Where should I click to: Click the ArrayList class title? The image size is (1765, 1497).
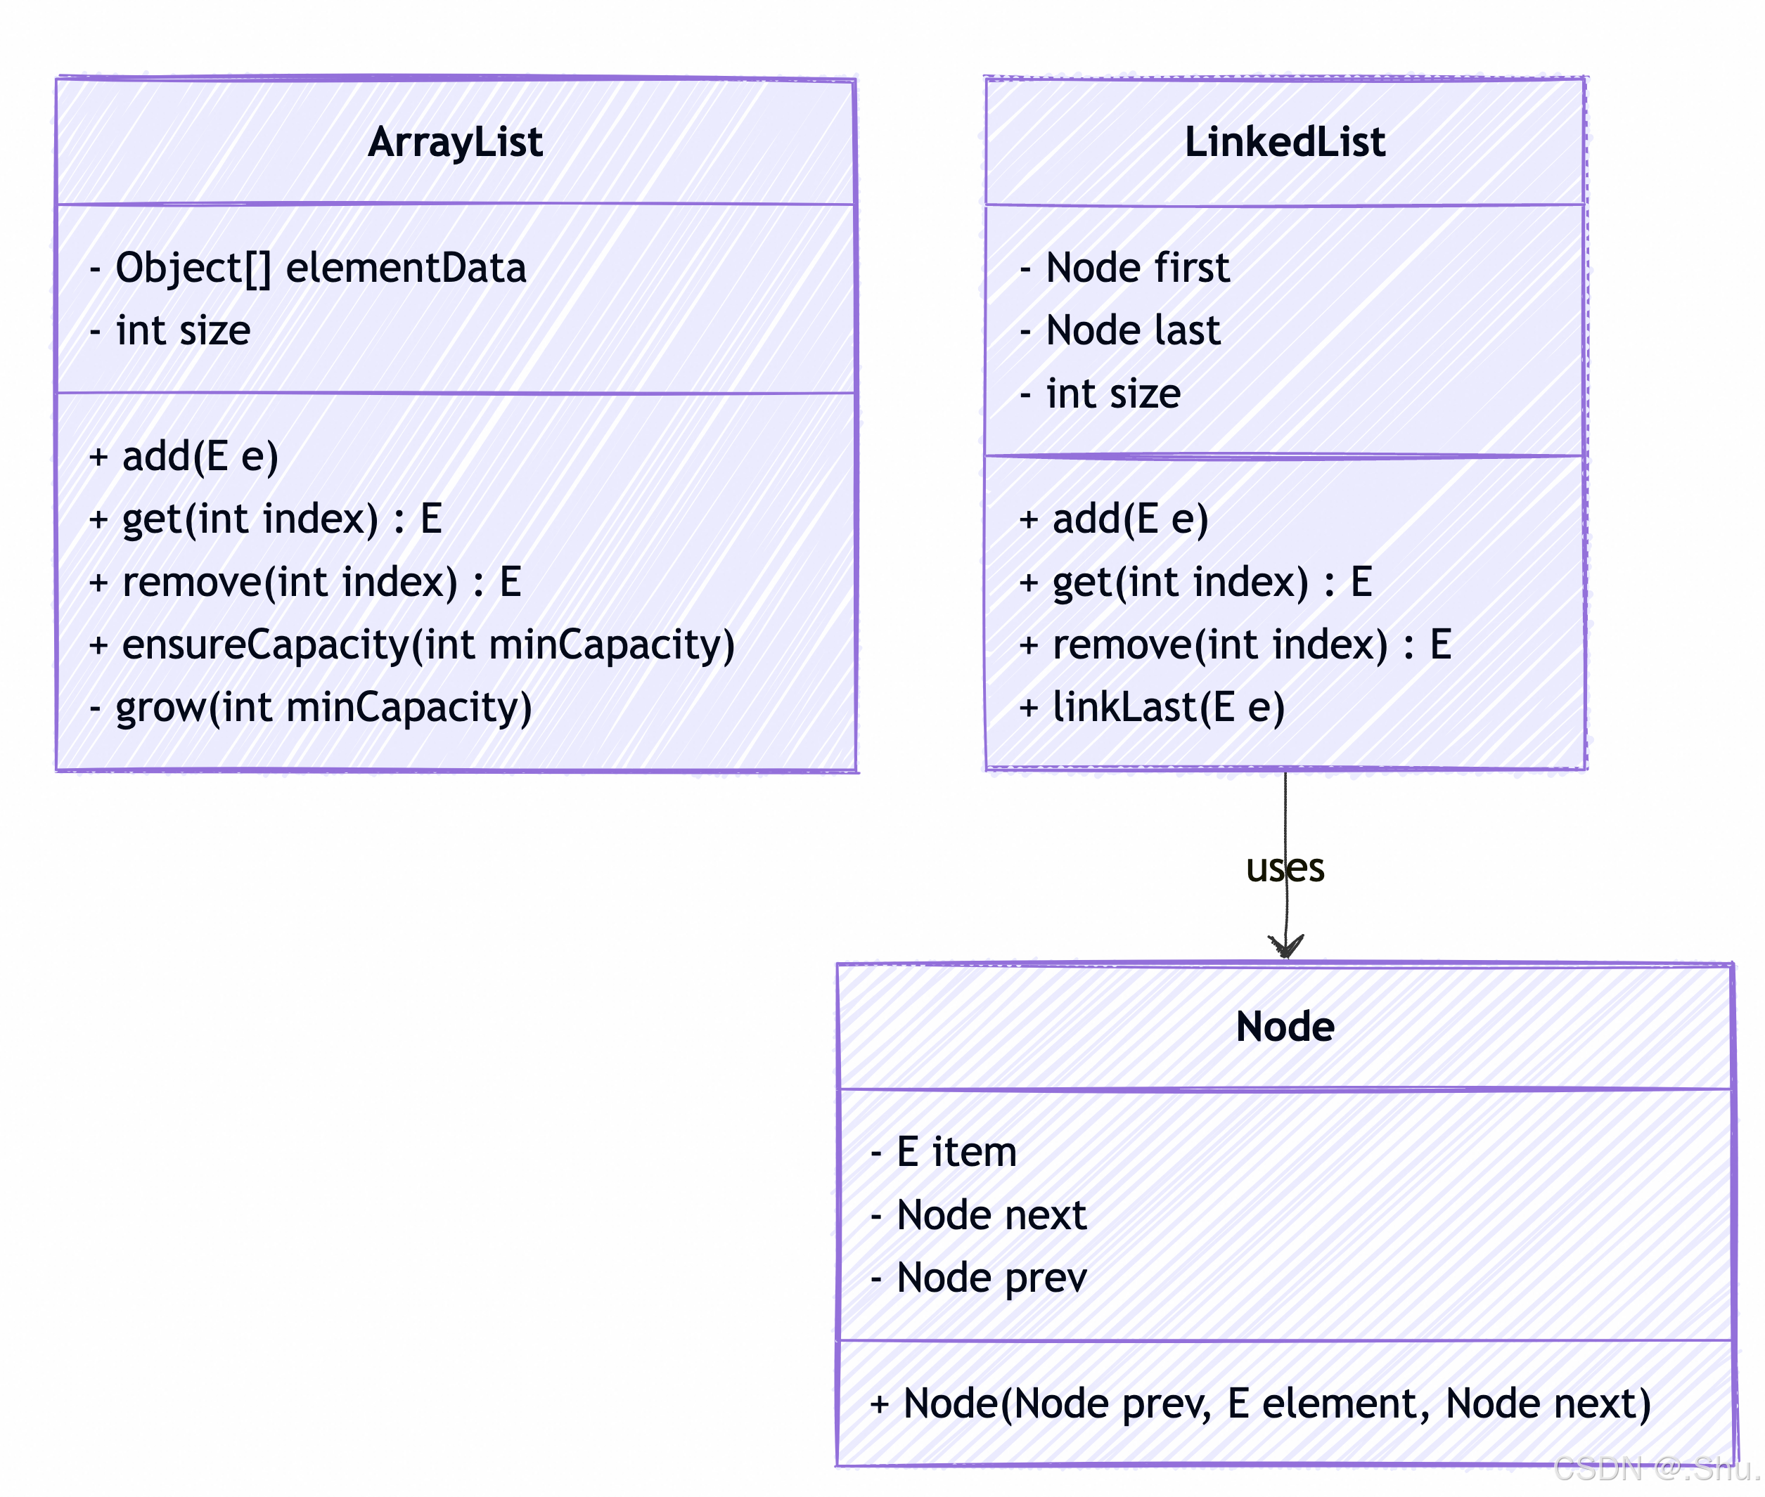coord(455,142)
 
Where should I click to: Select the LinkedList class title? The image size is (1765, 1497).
coord(1285,142)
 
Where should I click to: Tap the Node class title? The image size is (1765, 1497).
coord(1285,1026)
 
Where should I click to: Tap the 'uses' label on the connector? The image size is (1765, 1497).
coord(1285,868)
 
